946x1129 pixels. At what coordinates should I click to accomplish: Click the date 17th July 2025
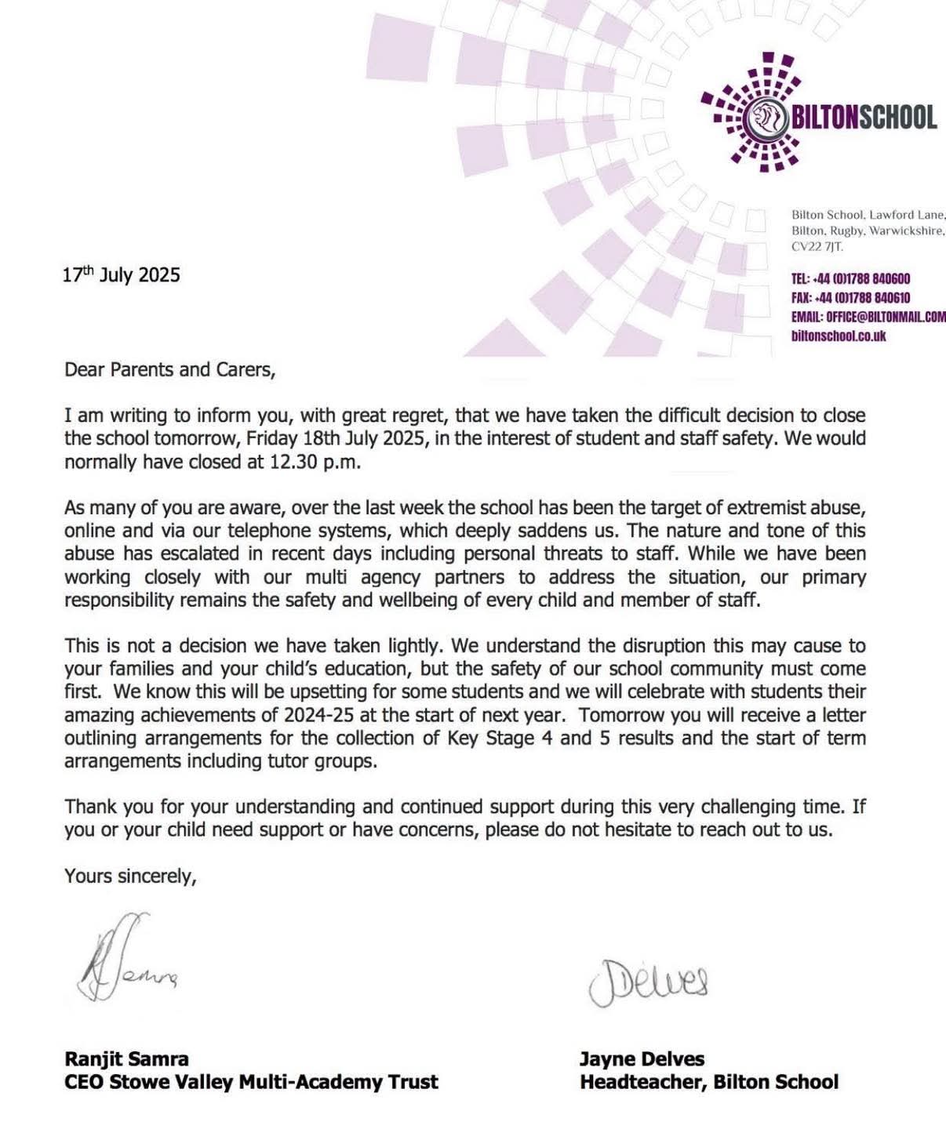point(122,274)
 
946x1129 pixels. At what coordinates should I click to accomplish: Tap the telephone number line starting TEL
point(850,279)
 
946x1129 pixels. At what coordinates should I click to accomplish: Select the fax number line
point(850,298)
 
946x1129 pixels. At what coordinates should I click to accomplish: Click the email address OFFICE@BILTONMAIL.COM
point(868,317)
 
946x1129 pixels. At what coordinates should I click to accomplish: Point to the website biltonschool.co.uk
point(838,336)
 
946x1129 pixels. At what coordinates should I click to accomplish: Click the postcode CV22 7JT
point(817,247)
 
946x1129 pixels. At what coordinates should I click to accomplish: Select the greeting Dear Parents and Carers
point(169,369)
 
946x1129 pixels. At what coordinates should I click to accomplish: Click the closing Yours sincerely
point(130,876)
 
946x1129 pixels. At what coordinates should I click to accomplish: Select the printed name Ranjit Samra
point(126,1058)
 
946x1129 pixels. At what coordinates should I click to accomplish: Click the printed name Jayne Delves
point(642,1058)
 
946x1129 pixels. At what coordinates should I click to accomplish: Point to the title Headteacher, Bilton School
point(708,1082)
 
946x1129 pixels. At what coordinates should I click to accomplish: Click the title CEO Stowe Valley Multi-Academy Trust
point(251,1082)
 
